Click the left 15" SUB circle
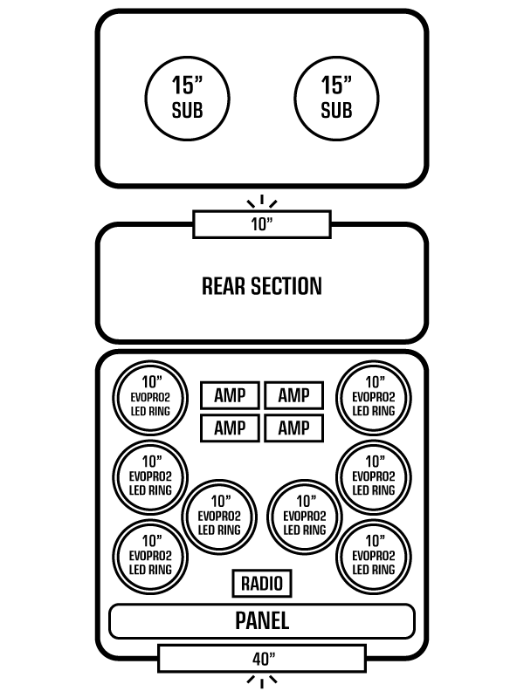187,97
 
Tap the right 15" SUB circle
336,97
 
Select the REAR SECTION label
262,285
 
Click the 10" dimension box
262,224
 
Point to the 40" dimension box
262,658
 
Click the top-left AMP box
230,395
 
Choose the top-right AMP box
293,395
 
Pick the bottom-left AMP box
230,428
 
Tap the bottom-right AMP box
293,428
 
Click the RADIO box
262,584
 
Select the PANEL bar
262,621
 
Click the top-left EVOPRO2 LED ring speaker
151,396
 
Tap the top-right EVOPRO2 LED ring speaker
374,396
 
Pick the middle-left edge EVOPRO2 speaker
151,476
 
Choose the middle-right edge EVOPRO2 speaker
374,476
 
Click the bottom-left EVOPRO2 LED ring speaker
151,554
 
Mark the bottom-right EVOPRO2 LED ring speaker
374,554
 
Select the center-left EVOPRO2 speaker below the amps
219,516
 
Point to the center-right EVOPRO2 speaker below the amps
306,516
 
